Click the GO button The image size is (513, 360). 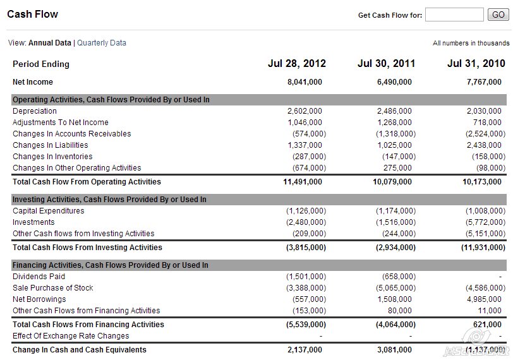coord(498,15)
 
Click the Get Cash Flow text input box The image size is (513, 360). coord(454,15)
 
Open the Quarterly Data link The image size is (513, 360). coord(102,43)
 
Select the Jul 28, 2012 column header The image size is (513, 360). coord(297,63)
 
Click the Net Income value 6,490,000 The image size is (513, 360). coord(394,82)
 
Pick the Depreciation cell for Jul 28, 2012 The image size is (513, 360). coord(305,111)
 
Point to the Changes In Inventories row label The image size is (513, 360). coord(52,157)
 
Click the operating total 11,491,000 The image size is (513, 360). coord(305,182)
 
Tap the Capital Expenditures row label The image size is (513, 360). coord(48,211)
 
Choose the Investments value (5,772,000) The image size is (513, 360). coord(485,222)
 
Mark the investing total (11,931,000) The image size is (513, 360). coord(483,248)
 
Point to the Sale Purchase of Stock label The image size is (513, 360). coord(52,288)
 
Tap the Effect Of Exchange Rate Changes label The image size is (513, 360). coord(71,336)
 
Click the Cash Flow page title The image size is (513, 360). coord(32,14)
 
